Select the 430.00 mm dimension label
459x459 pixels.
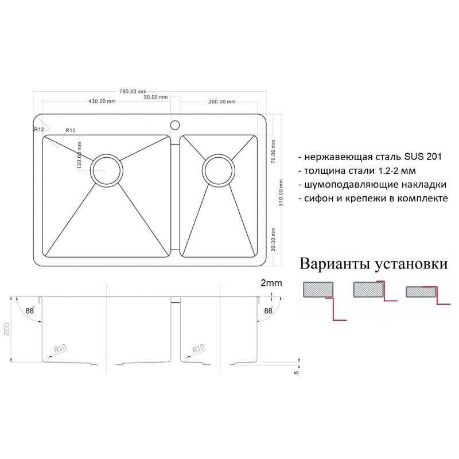[102, 102]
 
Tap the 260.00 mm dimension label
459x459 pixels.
[221, 102]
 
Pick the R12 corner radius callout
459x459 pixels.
[39, 130]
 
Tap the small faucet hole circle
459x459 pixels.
[175, 123]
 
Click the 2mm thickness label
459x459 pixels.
[271, 283]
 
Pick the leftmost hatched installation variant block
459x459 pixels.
[318, 290]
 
